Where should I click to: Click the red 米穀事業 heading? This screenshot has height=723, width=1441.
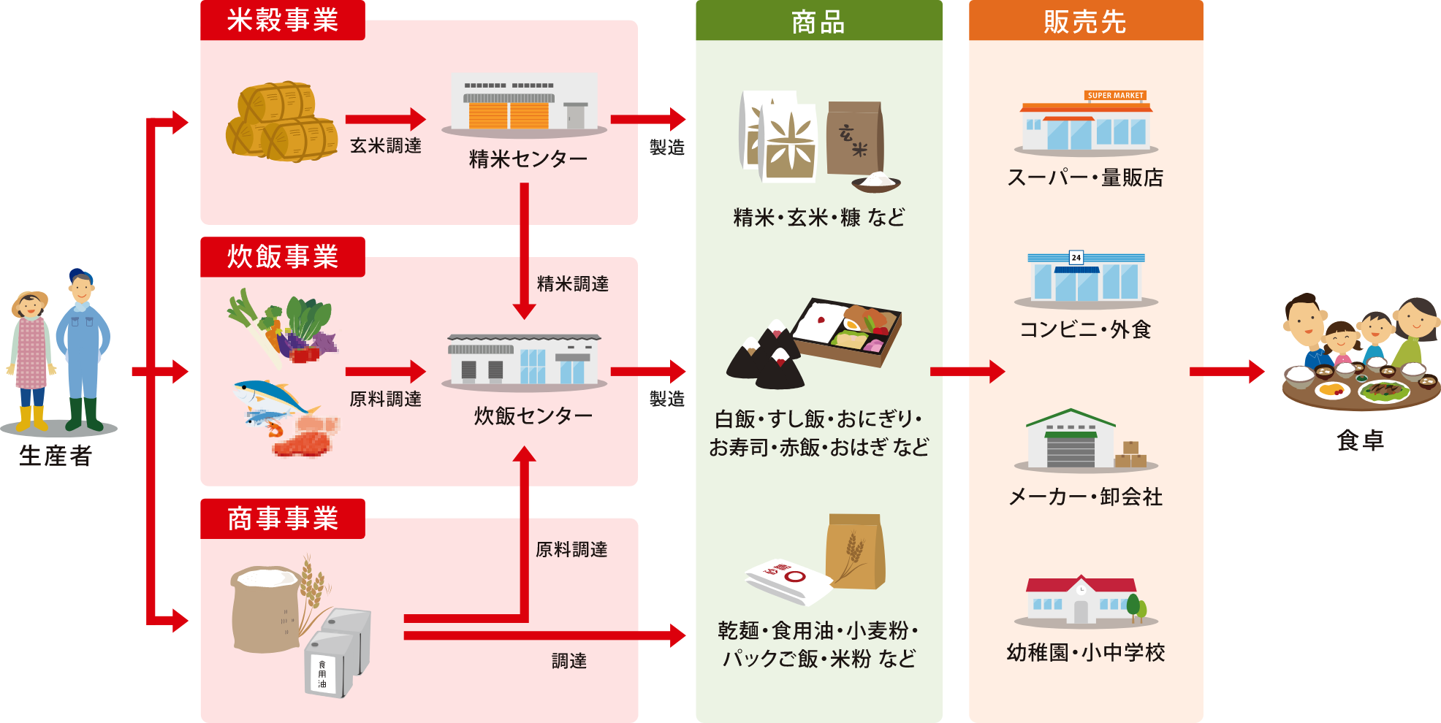click(282, 20)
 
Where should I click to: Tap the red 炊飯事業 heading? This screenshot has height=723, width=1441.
click(282, 257)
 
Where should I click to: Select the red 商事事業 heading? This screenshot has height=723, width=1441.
click(282, 519)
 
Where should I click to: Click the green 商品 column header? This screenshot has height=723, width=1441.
click(818, 21)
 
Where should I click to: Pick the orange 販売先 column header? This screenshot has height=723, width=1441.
click(1085, 21)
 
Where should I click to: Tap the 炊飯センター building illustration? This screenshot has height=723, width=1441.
click(524, 361)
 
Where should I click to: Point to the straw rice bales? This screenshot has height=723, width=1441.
click(281, 121)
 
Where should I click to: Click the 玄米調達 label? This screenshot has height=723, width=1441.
click(386, 146)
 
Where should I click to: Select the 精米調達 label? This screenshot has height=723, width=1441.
click(573, 284)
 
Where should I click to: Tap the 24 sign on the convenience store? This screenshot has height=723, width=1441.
click(1076, 258)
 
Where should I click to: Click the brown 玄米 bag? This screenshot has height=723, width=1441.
click(854, 139)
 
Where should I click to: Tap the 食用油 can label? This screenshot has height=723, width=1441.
click(322, 674)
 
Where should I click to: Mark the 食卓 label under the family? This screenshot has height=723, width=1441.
click(1360, 440)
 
